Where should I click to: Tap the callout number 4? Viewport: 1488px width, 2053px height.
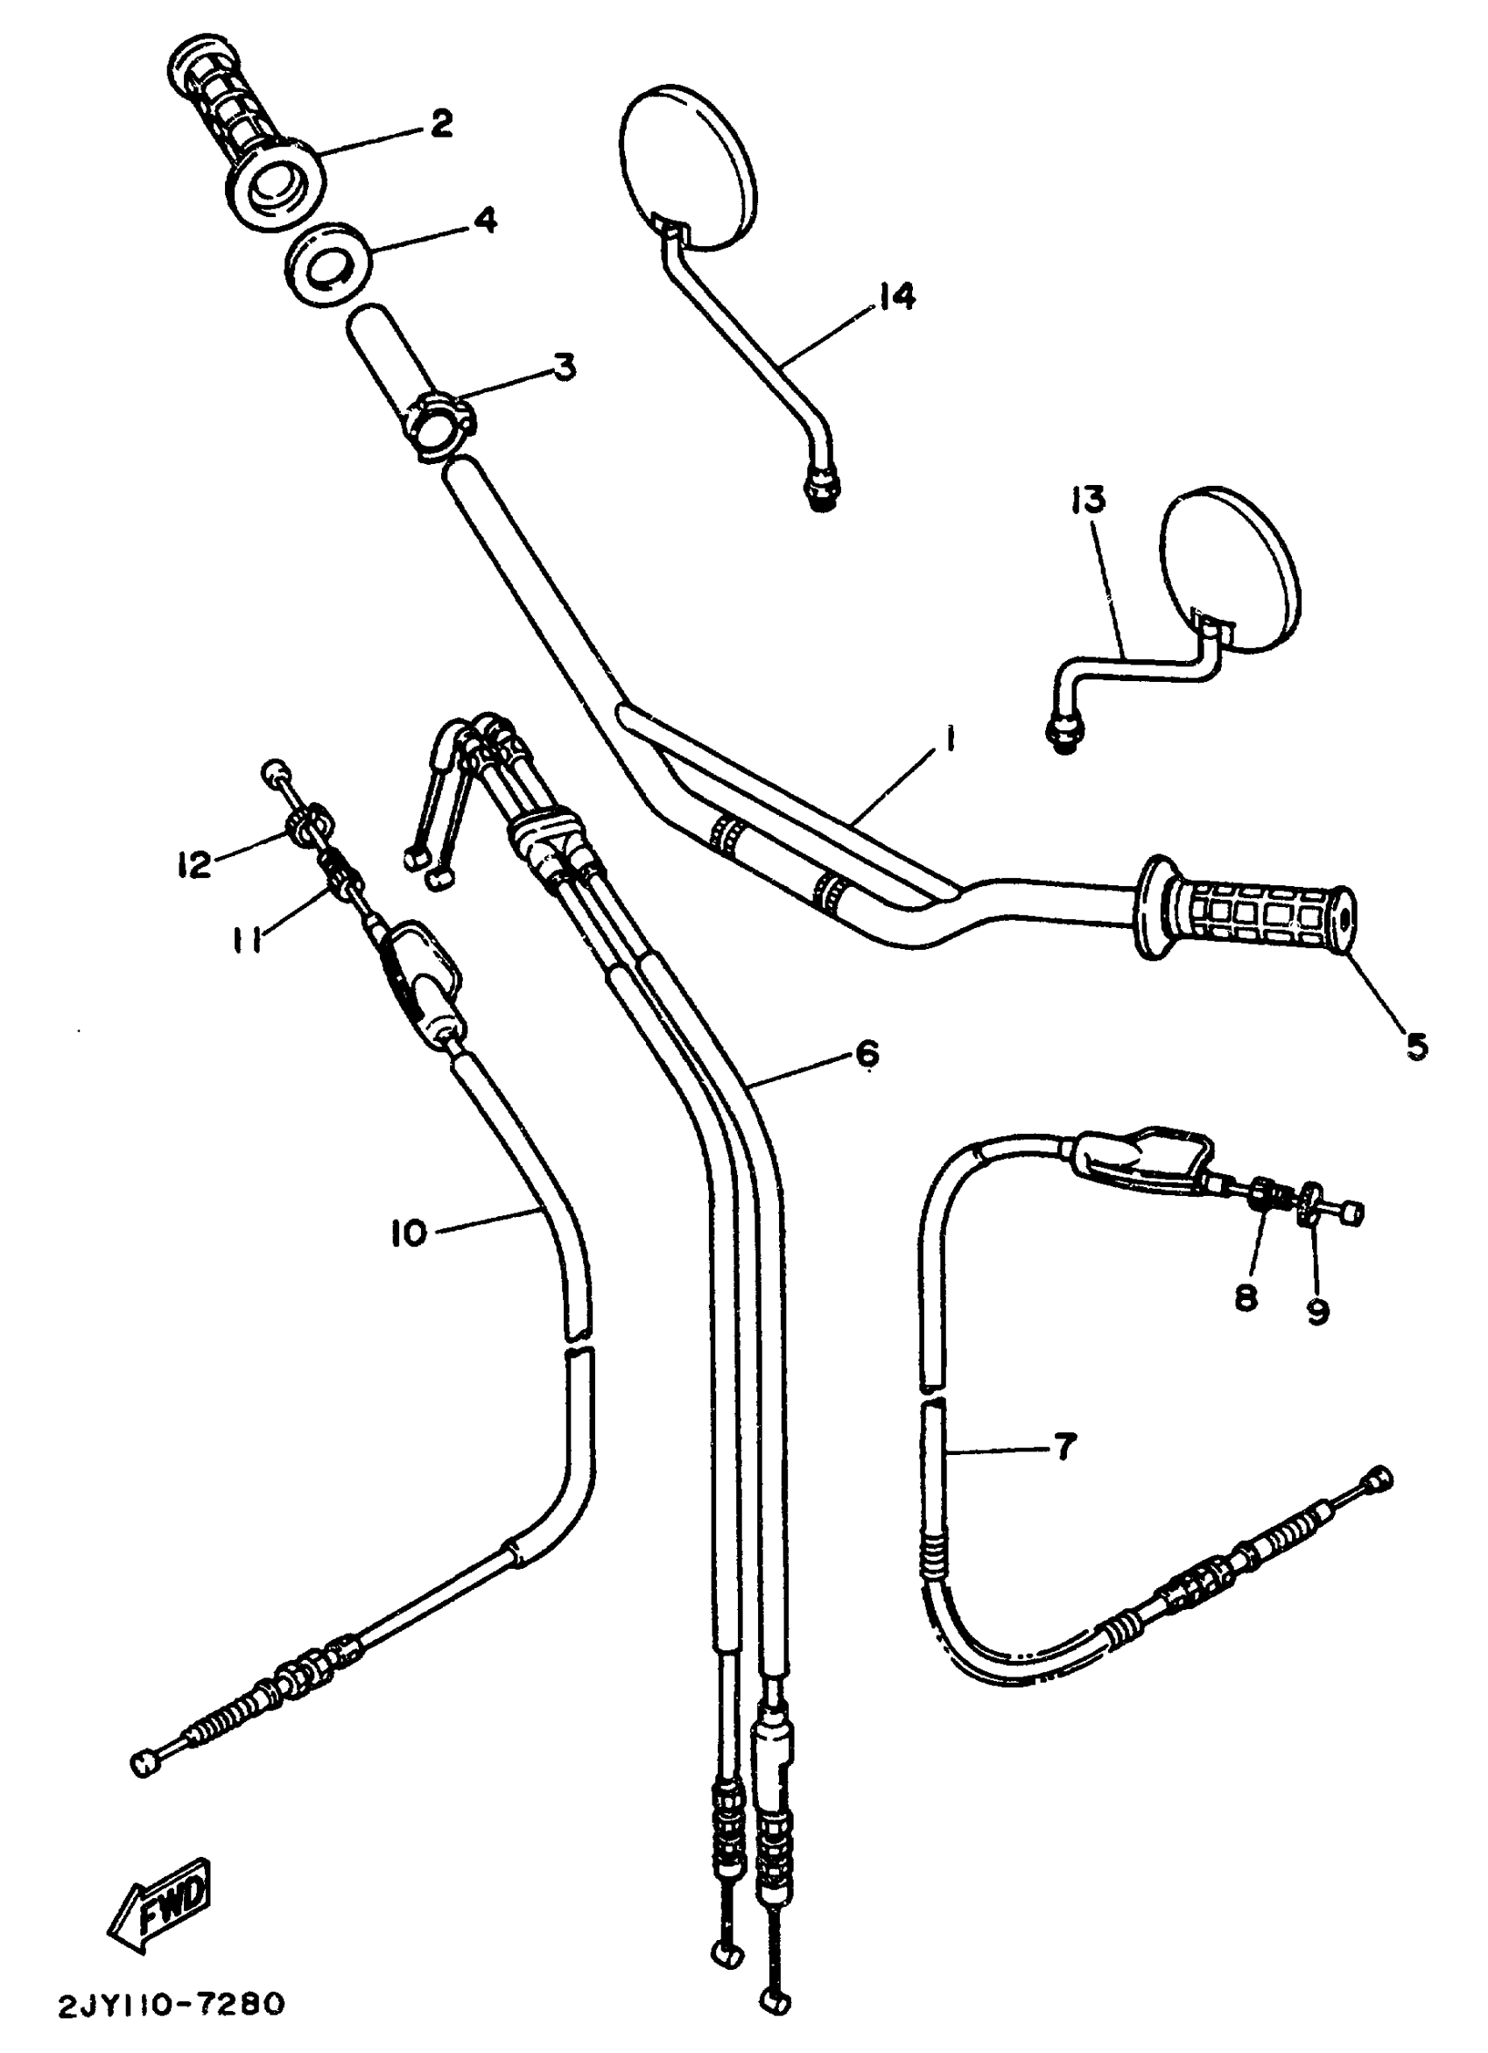click(485, 220)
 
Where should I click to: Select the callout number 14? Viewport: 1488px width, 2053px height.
click(895, 296)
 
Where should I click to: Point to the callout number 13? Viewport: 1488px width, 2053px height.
click(1090, 500)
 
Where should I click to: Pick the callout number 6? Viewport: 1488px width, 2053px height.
click(866, 1052)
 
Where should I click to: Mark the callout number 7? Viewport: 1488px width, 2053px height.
click(1063, 1446)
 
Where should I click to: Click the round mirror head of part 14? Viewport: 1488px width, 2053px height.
click(686, 167)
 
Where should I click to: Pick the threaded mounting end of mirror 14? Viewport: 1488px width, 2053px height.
click(820, 491)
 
